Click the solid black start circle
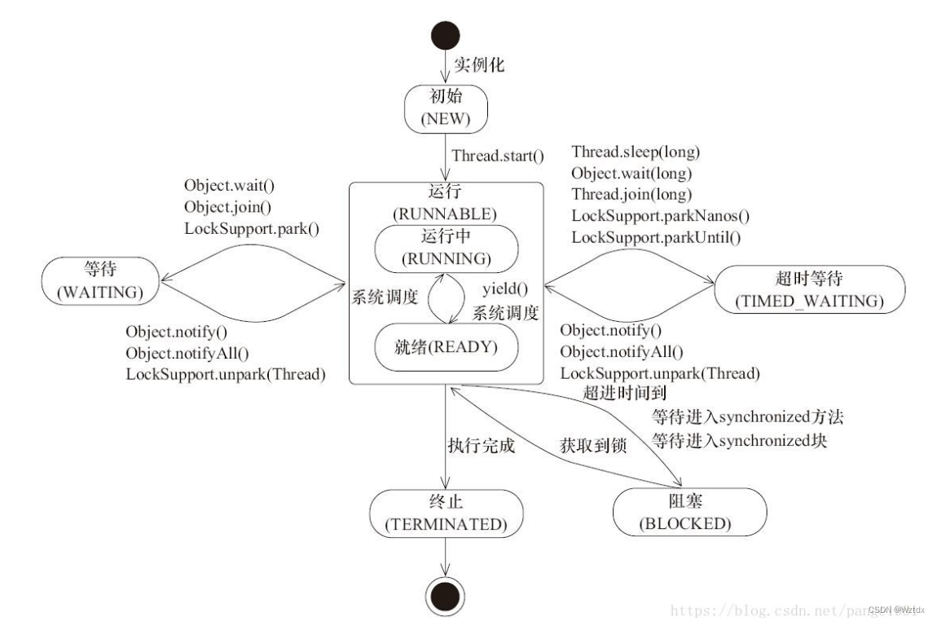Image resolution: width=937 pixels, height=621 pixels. click(445, 36)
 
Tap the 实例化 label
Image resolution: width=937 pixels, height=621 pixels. click(479, 64)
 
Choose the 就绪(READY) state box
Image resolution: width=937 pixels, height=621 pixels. click(446, 345)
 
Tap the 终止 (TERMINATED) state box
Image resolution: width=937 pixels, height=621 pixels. click(445, 513)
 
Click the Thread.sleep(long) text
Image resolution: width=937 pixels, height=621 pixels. click(636, 152)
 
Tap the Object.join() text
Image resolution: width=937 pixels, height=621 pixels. click(227, 207)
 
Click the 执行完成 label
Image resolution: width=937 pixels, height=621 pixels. click(480, 446)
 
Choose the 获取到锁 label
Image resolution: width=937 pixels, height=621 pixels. click(592, 446)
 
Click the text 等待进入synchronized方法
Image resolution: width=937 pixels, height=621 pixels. click(746, 417)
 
